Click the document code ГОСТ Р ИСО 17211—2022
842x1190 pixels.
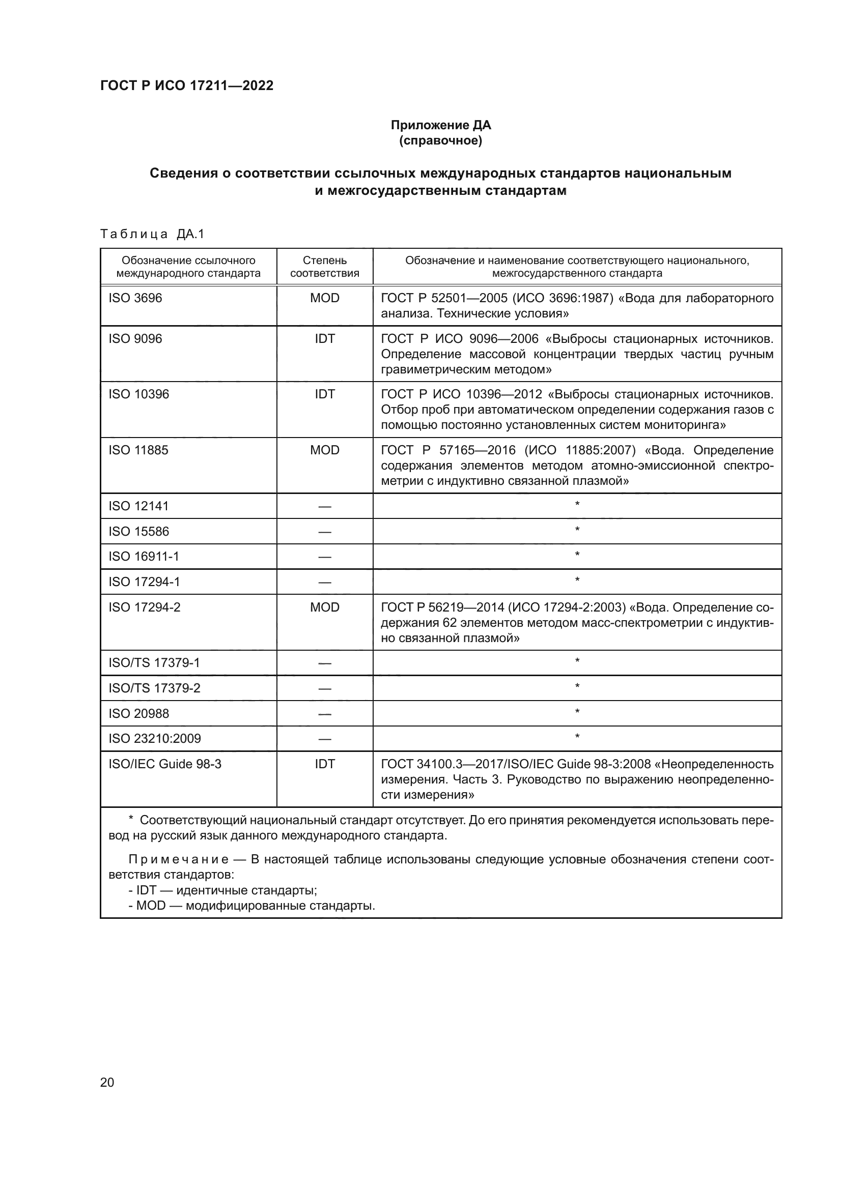(187, 85)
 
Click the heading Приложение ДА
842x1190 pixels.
(441, 125)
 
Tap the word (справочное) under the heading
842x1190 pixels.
(441, 140)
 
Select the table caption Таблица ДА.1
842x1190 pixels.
(152, 234)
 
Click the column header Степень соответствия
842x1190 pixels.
(325, 267)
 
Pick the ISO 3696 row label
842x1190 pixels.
(135, 298)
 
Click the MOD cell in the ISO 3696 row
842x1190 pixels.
(325, 298)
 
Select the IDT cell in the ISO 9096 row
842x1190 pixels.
(325, 338)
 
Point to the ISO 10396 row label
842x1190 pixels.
(138, 394)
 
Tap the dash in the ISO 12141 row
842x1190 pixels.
(325, 506)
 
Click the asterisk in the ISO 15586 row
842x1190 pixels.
(577, 530)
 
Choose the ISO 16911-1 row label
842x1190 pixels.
(144, 556)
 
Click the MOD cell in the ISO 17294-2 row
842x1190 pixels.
(325, 607)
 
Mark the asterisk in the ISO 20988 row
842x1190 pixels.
(577, 712)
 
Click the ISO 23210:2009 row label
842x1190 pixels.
(155, 738)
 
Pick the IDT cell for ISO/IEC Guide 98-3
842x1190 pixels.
(325, 764)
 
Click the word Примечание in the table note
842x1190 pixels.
(178, 859)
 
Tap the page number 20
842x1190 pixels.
(107, 1082)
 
